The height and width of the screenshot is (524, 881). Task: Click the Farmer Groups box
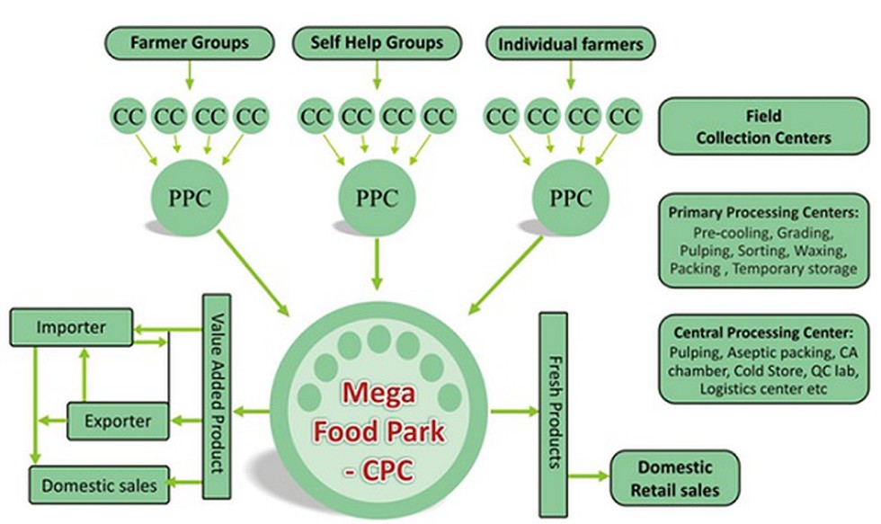point(189,42)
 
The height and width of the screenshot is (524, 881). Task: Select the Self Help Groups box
point(377,42)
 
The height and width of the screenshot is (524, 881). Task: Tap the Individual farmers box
point(570,43)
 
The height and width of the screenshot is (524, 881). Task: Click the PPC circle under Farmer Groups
point(189,199)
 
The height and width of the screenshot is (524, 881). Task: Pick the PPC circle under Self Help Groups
point(377,199)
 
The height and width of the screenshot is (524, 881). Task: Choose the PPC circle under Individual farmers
point(570,199)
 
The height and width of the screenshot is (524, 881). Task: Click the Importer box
point(71,326)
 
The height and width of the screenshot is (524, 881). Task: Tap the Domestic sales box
point(99,485)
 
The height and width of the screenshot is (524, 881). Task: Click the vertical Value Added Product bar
point(218,395)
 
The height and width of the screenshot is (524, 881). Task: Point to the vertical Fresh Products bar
point(552,413)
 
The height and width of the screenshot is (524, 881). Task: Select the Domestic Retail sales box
point(674,478)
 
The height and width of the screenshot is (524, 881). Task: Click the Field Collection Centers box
point(763,127)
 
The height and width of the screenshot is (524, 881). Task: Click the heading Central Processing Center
point(763,329)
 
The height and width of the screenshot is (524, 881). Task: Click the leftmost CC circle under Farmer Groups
point(128,116)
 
